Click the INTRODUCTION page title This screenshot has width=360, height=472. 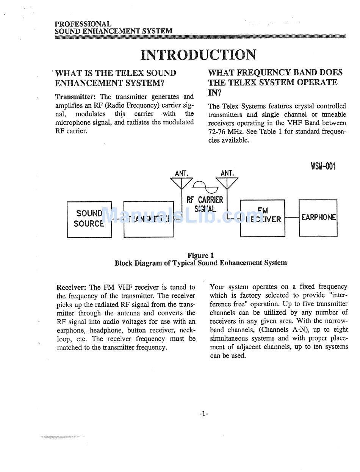click(198, 55)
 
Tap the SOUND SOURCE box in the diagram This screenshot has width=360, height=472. click(89, 219)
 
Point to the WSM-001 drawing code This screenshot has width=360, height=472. click(323, 166)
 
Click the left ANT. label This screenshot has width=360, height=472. click(182, 173)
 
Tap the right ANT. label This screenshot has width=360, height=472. click(227, 173)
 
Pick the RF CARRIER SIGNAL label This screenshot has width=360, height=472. click(205, 204)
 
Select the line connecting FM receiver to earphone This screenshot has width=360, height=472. click(292, 218)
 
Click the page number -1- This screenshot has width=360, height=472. click(204, 414)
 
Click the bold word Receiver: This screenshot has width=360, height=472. click(72, 287)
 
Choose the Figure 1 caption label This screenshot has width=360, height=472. click(200, 256)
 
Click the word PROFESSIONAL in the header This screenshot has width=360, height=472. click(83, 24)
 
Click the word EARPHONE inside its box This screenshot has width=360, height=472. click(318, 218)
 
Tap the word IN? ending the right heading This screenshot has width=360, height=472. click(214, 93)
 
